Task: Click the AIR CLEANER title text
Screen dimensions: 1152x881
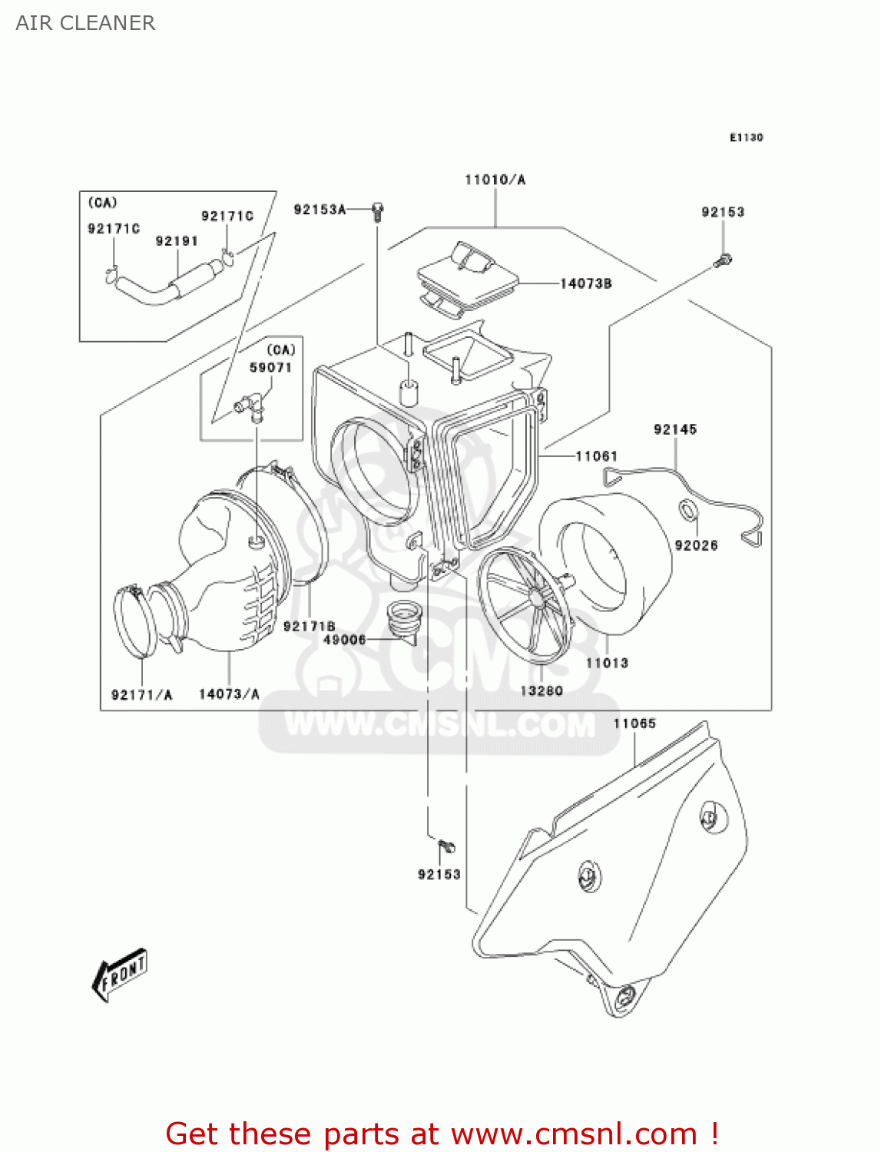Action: (85, 23)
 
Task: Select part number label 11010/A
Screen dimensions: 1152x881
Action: (495, 180)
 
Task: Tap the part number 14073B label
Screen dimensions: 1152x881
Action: (585, 283)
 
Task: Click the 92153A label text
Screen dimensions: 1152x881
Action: (320, 209)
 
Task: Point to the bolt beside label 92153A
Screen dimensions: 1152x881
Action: (377, 211)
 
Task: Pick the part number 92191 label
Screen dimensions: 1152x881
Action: (177, 241)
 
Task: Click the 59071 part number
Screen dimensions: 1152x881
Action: (270, 367)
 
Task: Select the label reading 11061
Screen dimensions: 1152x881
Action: (597, 456)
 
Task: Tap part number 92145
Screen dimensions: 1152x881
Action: (675, 429)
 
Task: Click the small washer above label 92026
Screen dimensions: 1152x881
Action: (688, 508)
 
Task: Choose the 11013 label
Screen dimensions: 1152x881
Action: (607, 663)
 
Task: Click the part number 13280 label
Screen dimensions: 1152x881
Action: (542, 690)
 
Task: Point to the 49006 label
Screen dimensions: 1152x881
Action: (344, 639)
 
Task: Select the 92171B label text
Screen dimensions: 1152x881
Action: (309, 626)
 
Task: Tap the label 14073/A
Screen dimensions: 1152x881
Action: (229, 694)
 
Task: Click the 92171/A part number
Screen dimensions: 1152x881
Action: (142, 694)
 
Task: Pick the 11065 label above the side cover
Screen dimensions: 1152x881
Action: (634, 723)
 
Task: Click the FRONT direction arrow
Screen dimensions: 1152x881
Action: (120, 975)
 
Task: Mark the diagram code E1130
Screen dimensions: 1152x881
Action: (746, 137)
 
